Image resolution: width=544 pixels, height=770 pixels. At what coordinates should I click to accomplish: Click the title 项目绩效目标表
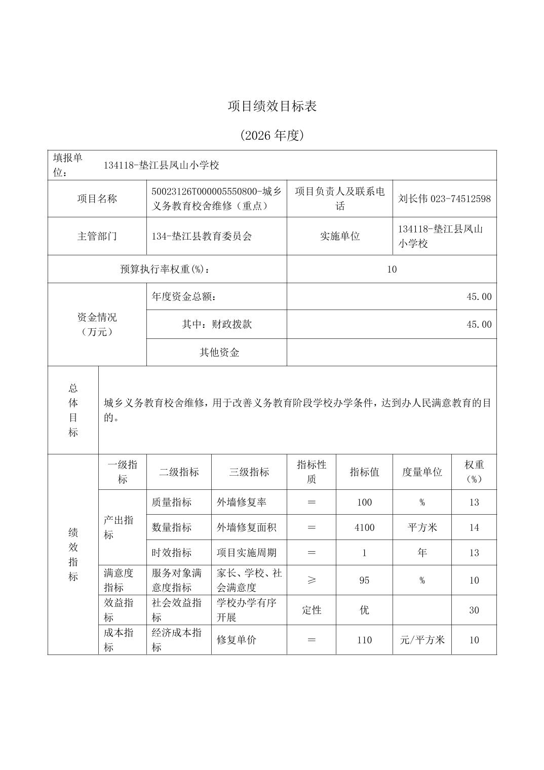pos(272,106)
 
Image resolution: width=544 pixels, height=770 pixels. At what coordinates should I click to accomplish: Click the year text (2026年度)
pos(272,135)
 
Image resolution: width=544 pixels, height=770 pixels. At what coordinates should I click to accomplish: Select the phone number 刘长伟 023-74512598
pos(444,199)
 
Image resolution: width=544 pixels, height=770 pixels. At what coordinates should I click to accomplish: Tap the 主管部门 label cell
pos(97,236)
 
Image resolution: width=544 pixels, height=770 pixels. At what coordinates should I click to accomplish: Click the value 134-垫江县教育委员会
pos(202,236)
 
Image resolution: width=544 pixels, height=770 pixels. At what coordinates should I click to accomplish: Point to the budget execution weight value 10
pos(392,269)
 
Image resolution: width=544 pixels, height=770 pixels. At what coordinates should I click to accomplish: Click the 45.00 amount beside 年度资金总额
pos(479,296)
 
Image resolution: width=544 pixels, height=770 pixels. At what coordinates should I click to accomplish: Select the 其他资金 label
pos(219,353)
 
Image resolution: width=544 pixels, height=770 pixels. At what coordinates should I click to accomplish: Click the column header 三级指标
pos(249,472)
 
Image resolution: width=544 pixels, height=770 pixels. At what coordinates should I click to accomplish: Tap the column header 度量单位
pos(422,472)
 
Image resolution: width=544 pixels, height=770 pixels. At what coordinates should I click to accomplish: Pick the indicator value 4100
pos(364,527)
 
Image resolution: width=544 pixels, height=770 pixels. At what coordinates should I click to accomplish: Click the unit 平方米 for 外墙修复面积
pos(422,527)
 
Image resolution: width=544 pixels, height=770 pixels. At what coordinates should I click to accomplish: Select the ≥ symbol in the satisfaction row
pos(312,580)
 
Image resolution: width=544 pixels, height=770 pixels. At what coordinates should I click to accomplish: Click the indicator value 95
pos(364,580)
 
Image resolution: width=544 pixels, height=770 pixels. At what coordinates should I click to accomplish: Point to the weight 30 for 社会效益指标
pos(474,610)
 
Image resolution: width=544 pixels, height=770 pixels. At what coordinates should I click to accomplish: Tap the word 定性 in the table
pos(312,610)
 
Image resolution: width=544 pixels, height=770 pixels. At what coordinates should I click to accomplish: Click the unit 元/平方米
pos(422,640)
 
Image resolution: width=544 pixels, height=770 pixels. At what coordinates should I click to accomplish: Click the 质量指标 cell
pos(172,502)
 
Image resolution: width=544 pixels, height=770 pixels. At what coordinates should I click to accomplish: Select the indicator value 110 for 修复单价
pos(364,640)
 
